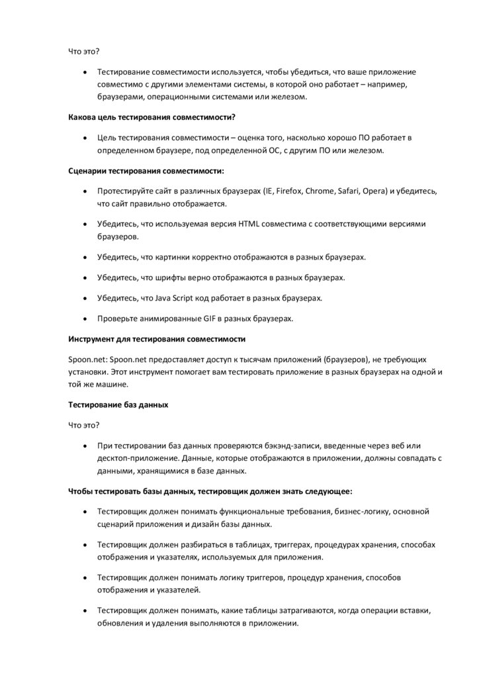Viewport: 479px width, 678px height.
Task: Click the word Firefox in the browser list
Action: coord(288,191)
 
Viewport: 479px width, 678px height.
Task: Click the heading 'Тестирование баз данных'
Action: coord(118,405)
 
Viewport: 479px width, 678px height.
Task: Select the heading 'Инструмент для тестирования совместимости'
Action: coord(157,339)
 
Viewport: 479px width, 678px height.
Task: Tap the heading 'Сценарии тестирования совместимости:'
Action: coord(146,171)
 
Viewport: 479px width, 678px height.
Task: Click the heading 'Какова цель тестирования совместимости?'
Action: coord(152,117)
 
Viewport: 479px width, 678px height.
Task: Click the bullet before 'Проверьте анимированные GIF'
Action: coord(85,319)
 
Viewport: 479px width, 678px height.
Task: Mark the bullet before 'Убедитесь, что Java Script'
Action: coord(85,299)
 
